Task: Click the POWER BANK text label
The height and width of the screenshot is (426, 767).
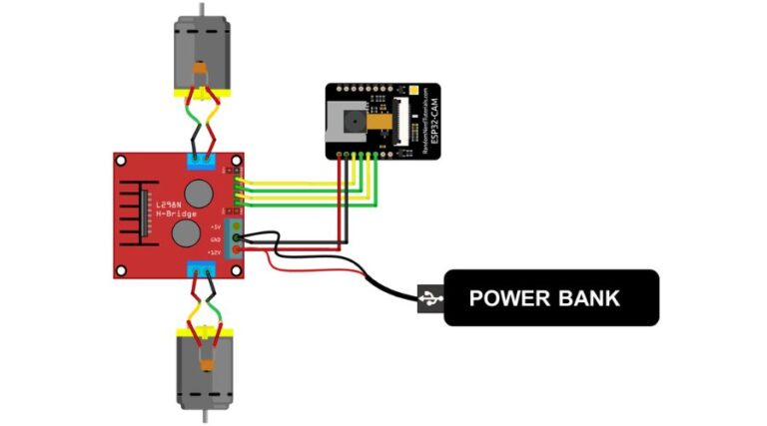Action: pos(544,297)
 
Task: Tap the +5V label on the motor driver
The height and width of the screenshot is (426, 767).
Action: pos(215,227)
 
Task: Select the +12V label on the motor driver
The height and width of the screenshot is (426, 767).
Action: pos(214,253)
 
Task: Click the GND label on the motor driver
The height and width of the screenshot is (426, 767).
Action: pos(216,240)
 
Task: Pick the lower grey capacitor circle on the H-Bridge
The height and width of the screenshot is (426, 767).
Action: pos(185,235)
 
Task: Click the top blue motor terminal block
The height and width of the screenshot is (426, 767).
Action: pos(203,160)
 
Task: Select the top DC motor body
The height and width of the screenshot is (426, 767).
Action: pos(203,56)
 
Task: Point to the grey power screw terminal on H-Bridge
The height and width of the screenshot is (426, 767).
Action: pos(237,239)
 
